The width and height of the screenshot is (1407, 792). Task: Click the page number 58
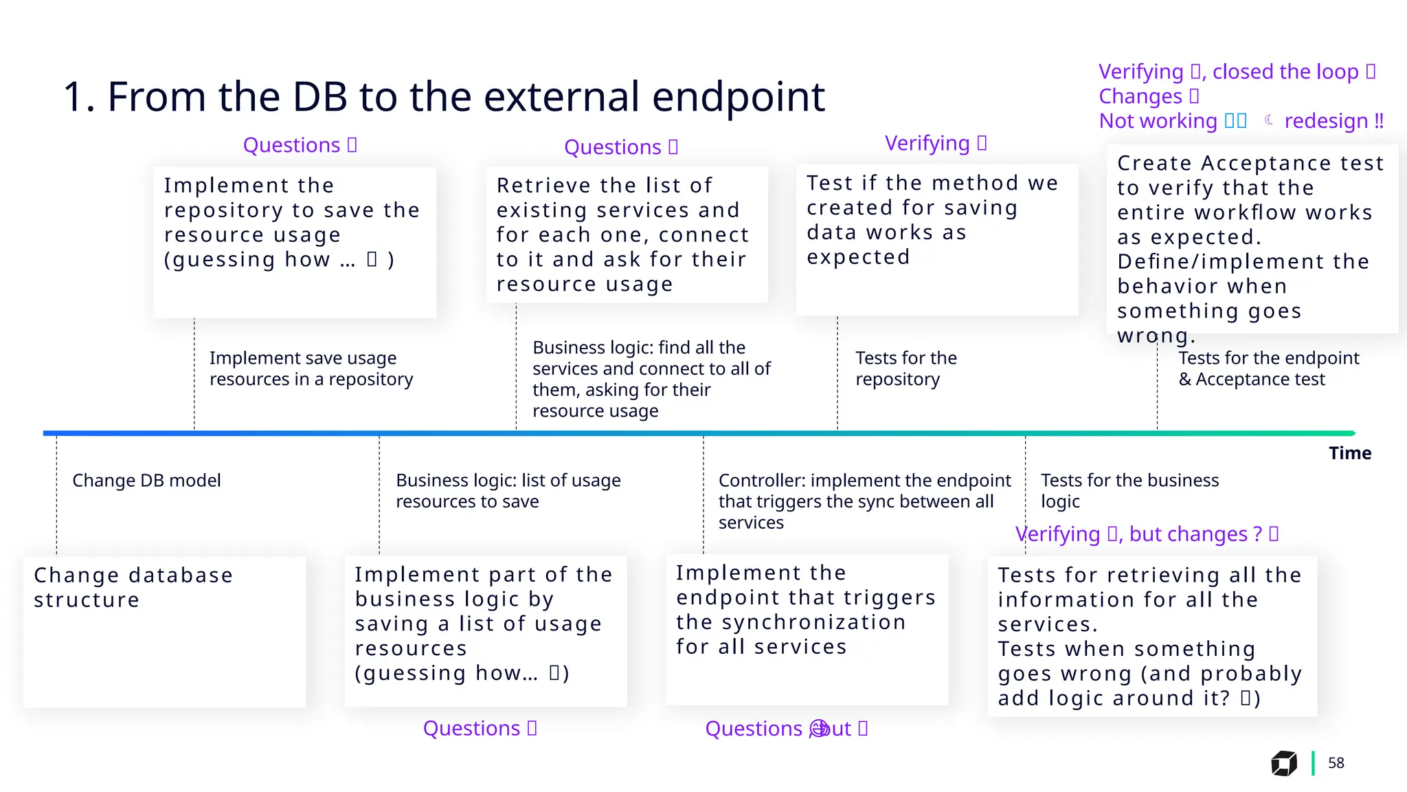click(x=1336, y=763)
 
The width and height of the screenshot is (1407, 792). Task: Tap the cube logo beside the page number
click(x=1283, y=763)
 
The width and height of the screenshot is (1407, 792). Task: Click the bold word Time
click(x=1349, y=453)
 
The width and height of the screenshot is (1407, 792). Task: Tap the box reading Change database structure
click(x=164, y=632)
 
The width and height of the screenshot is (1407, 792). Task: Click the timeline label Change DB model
click(x=146, y=481)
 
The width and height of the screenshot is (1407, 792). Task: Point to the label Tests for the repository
click(x=905, y=368)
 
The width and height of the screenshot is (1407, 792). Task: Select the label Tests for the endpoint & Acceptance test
click(x=1268, y=368)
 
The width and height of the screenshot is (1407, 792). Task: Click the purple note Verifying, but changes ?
click(x=1146, y=534)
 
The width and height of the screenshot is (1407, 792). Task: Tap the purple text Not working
click(x=1158, y=121)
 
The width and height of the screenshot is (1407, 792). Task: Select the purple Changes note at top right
click(x=1140, y=96)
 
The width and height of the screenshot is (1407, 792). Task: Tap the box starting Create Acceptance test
click(x=1252, y=239)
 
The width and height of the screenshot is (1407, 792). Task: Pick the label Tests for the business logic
click(x=1129, y=491)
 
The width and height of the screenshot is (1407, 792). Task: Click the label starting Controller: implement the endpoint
click(x=864, y=501)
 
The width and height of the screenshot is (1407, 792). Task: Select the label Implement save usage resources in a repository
click(x=311, y=368)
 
